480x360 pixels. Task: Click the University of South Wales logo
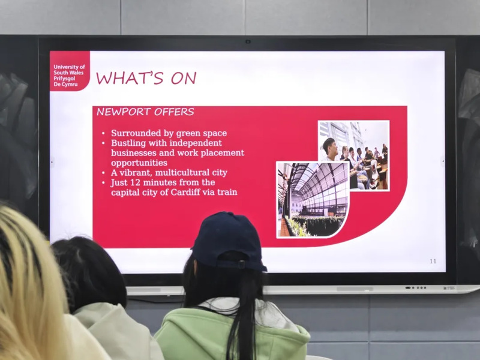coord(70,71)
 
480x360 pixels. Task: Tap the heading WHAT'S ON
coord(146,78)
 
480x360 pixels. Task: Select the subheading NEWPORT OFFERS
coord(145,112)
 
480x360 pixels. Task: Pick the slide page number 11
coord(433,261)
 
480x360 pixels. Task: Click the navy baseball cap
coord(228,241)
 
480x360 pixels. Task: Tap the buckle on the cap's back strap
coord(242,264)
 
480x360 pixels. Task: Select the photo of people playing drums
coord(354,155)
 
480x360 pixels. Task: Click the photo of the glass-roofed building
coord(313,200)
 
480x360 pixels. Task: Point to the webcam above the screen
coord(248,41)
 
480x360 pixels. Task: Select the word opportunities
coord(139,163)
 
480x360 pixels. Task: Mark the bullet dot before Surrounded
coord(103,134)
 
